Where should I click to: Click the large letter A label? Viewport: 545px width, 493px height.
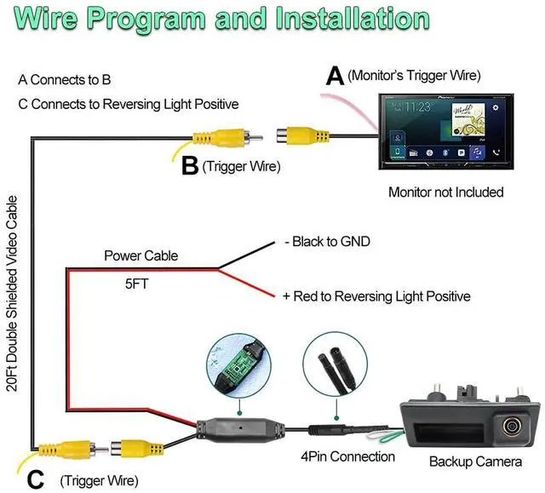[x=335, y=76]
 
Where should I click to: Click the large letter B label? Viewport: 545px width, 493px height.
[x=190, y=166]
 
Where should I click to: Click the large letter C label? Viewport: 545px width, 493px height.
[x=36, y=479]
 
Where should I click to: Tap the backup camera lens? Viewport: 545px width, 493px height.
[x=511, y=425]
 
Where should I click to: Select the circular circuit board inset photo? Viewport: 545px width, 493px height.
[x=239, y=366]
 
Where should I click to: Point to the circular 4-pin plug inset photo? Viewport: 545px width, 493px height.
[x=335, y=364]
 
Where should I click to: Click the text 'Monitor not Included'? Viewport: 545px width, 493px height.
[x=446, y=192]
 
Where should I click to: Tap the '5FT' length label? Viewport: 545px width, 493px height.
[x=136, y=284]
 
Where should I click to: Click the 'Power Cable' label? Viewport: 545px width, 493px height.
[x=141, y=255]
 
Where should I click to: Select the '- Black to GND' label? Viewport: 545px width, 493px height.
[x=327, y=242]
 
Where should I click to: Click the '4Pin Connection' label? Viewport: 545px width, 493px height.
[x=348, y=456]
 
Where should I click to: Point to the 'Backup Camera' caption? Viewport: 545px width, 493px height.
[x=475, y=461]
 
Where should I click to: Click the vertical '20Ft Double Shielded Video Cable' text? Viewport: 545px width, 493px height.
[x=12, y=294]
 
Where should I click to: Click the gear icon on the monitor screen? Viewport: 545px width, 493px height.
[x=496, y=107]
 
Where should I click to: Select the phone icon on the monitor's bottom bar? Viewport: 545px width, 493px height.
[x=496, y=152]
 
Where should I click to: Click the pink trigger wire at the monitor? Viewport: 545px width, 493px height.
[x=351, y=107]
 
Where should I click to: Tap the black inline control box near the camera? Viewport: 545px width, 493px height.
[x=240, y=430]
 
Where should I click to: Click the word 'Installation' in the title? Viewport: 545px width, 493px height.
[x=353, y=19]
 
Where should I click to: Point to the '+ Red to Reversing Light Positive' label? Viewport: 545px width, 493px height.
[x=376, y=296]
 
